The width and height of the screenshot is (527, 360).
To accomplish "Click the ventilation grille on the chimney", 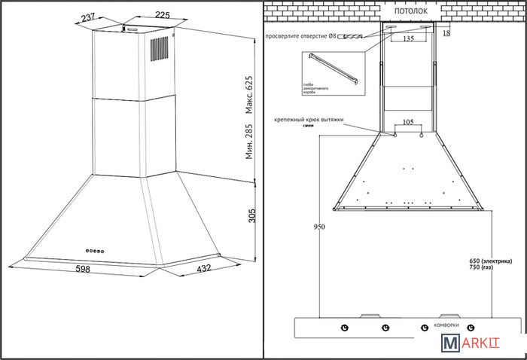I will pyautogui.click(x=159, y=50).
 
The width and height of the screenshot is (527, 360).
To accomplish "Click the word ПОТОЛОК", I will pyautogui.click(x=411, y=12).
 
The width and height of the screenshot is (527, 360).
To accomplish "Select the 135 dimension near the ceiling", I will pyautogui.click(x=407, y=38).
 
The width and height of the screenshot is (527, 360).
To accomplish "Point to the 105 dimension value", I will pyautogui.click(x=407, y=121).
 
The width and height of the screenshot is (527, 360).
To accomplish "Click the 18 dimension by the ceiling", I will pyautogui.click(x=447, y=34).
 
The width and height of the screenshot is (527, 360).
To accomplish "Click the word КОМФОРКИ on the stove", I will pyautogui.click(x=447, y=325).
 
